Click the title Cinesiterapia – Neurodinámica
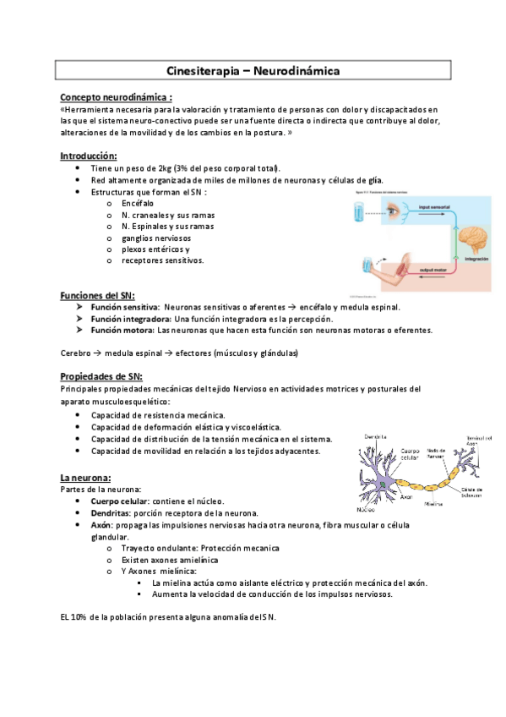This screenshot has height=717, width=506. click(253, 71)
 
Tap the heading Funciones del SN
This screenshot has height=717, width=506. click(96, 295)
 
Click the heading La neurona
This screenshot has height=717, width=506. click(86, 477)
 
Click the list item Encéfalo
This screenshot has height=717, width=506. click(138, 204)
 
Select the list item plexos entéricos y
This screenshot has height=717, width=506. click(155, 249)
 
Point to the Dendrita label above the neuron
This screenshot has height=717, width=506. click(375, 437)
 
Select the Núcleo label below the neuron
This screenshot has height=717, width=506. click(365, 510)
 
